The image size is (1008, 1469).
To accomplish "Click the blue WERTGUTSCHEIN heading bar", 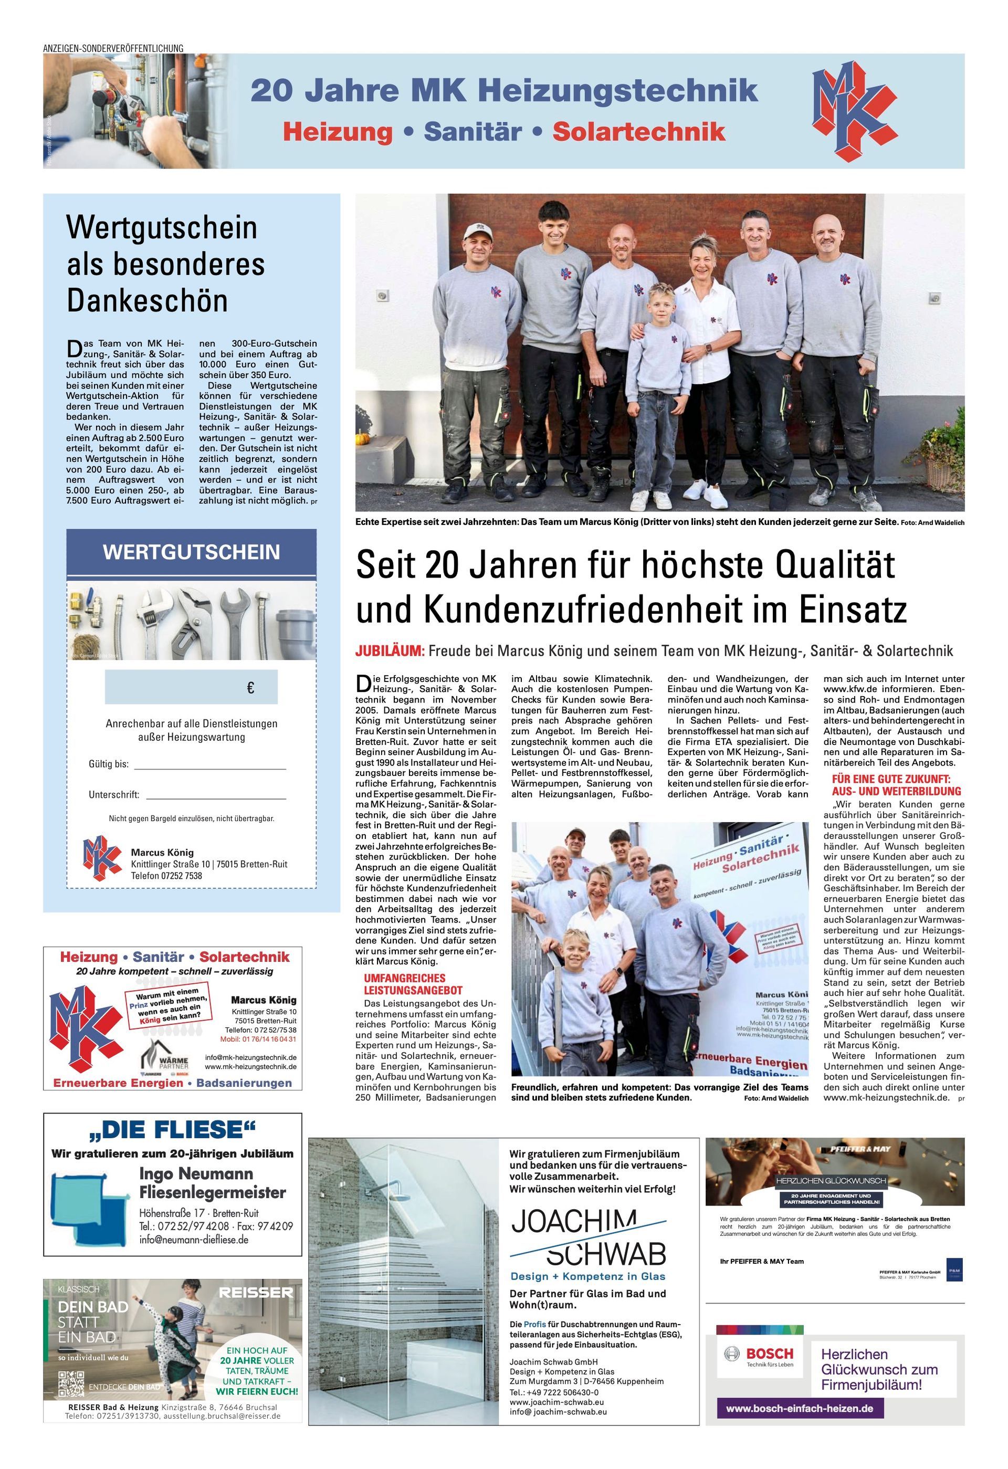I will point(191,552).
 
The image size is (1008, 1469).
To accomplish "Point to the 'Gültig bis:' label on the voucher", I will point(109,764).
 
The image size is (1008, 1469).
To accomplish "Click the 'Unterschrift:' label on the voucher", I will point(114,794).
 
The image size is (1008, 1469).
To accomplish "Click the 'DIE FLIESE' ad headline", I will point(172,1129).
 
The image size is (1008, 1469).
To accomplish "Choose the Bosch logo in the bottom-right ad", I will point(761,1357).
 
